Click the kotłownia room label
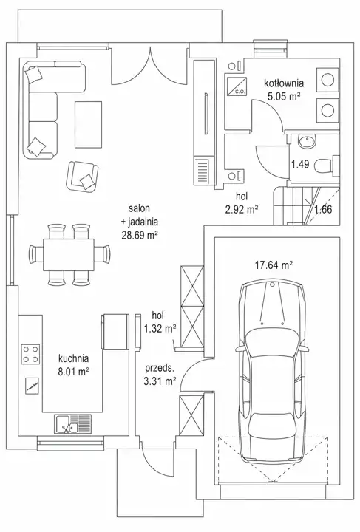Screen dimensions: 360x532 tap(284, 83)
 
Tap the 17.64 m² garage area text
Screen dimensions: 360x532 tap(274, 265)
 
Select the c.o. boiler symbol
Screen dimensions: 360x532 tap(237, 86)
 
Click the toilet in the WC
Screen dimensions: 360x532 tap(327, 166)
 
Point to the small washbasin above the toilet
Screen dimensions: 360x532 tap(307, 141)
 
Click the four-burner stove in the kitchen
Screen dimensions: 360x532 tap(30, 354)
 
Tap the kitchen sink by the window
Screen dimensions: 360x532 tap(73, 424)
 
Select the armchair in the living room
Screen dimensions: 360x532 tap(82, 176)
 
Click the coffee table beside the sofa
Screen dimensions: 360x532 tap(88, 125)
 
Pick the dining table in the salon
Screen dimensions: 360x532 tap(69, 254)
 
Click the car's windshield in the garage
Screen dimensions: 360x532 tap(273, 342)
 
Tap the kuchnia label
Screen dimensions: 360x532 tap(74, 358)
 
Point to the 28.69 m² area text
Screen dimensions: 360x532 tap(140, 235)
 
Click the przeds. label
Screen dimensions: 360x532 tap(160, 368)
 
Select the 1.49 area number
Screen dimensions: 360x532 tap(300, 165)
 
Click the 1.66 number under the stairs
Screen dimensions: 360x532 tap(323, 209)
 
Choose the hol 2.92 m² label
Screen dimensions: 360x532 tap(242, 203)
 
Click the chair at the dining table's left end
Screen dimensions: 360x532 tap(36, 254)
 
